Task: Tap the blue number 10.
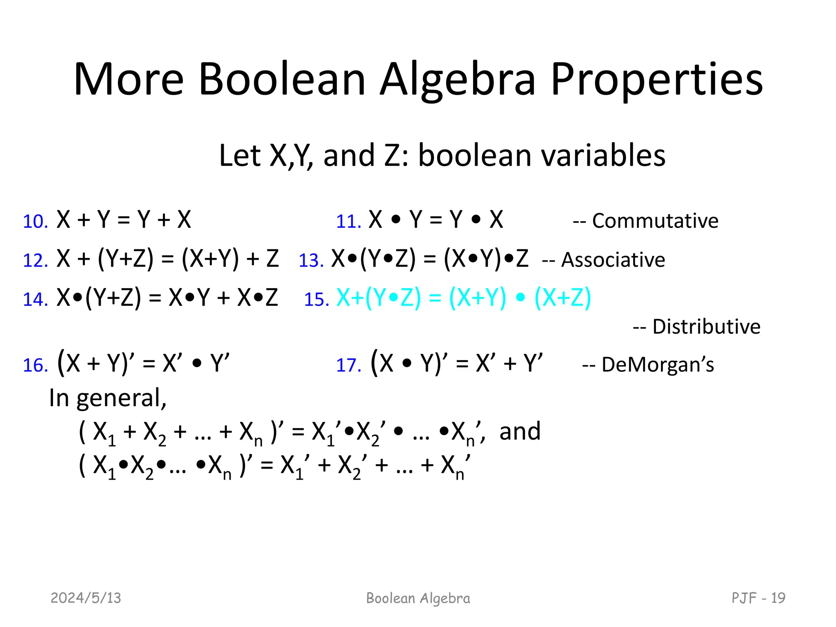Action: [x=35, y=222]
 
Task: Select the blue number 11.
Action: [x=348, y=222]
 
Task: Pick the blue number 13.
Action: [x=311, y=261]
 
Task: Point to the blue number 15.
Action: [x=316, y=300]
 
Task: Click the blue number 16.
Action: [x=35, y=365]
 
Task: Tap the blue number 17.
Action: [x=348, y=365]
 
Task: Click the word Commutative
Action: [x=655, y=221]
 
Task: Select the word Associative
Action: [x=613, y=260]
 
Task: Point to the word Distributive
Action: [x=706, y=327]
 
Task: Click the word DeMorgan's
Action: [x=657, y=365]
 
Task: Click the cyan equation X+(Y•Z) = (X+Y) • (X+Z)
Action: [x=463, y=298]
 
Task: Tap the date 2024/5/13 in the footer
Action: [x=86, y=598]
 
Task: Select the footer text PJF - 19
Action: [x=758, y=598]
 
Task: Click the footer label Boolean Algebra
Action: [x=418, y=598]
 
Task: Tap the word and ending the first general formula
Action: [x=520, y=431]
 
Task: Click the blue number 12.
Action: [x=35, y=261]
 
